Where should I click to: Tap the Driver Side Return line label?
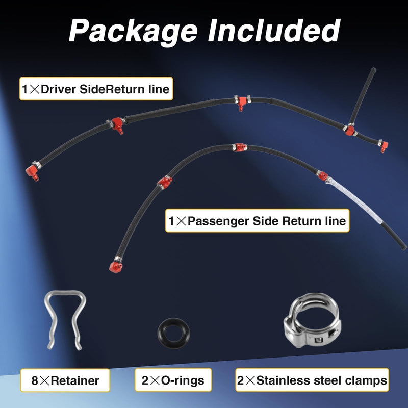point(96,89)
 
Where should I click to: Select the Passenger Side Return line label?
point(257,221)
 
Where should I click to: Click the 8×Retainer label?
point(65,380)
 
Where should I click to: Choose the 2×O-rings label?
point(173,380)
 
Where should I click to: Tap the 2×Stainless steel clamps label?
point(312,380)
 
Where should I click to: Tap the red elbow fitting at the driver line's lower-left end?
point(32,172)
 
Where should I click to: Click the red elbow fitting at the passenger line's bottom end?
point(115,267)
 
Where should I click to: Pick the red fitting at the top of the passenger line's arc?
point(240,147)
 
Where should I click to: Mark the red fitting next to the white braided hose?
point(323,175)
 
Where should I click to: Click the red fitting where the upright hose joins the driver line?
point(350,131)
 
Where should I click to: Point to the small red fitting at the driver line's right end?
point(384,146)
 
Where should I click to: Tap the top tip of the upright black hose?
point(373,70)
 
